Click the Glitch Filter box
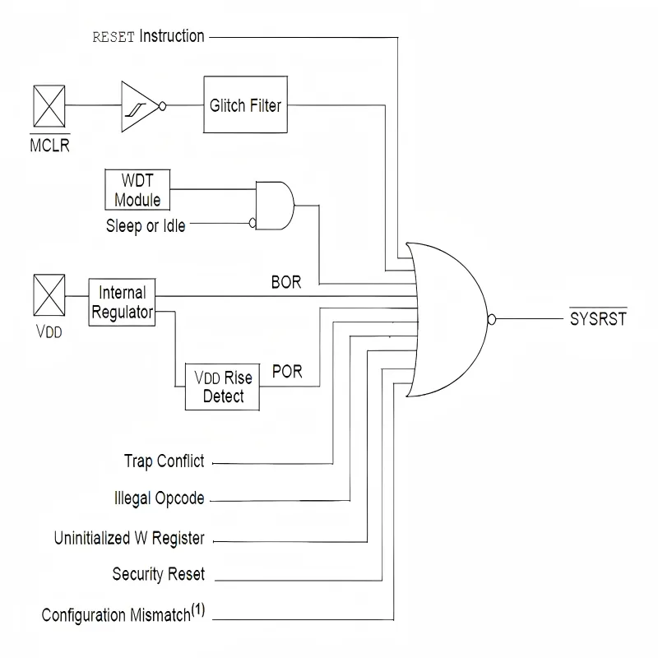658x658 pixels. [x=245, y=105]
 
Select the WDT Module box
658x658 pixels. [x=137, y=190]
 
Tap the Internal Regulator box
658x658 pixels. [x=122, y=303]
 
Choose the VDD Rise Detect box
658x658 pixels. [x=224, y=387]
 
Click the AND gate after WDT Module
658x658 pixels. [x=275, y=206]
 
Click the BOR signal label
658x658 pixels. [x=286, y=282]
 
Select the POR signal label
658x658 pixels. [x=286, y=372]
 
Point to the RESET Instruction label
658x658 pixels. [x=147, y=36]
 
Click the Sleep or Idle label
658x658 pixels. [x=146, y=226]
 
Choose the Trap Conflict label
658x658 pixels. [x=164, y=461]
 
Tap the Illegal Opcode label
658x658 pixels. [x=159, y=499]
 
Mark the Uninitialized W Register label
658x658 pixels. [x=129, y=540]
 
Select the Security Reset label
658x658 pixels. [x=158, y=574]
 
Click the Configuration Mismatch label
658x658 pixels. [x=123, y=615]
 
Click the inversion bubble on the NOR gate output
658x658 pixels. [x=492, y=319]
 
